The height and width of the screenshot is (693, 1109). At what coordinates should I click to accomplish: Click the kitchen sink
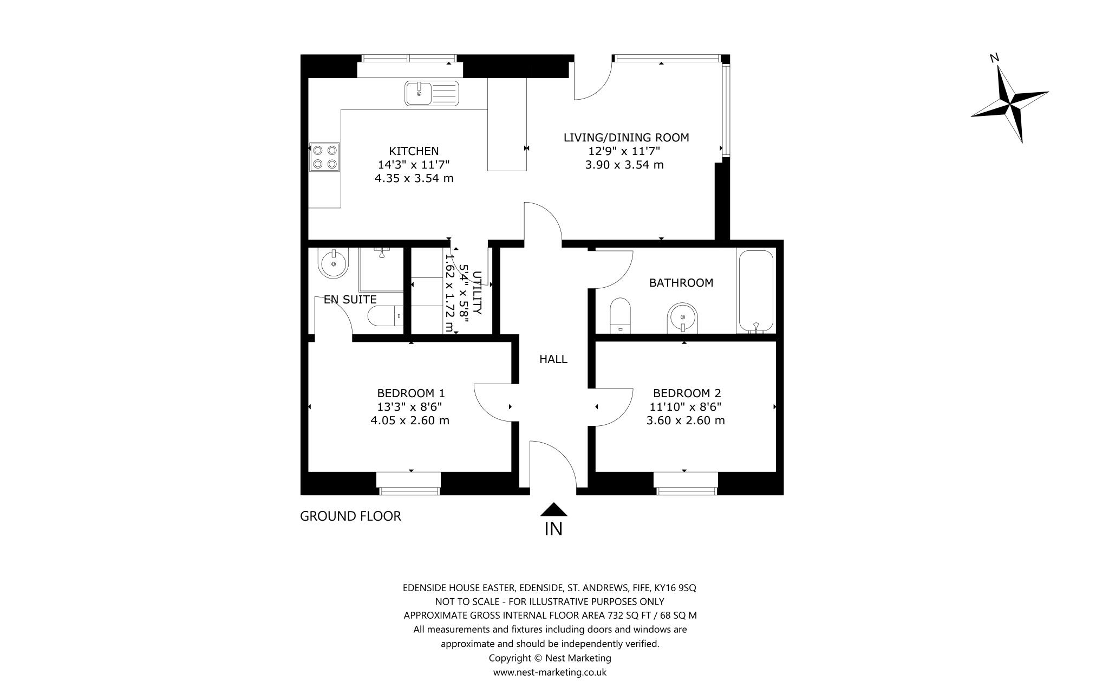pos(432,93)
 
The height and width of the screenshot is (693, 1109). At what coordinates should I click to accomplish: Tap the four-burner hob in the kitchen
pos(324,157)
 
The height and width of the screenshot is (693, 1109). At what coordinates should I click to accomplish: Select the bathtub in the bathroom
pos(756,291)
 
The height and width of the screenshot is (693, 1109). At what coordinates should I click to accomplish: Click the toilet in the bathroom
pos(621,315)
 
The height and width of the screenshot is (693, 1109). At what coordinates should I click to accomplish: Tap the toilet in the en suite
pos(385,316)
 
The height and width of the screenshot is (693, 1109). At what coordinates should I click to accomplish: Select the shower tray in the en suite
pos(381,270)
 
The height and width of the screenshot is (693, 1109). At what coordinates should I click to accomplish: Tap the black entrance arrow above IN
pos(553,509)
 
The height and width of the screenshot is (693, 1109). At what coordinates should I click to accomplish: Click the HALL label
pos(553,359)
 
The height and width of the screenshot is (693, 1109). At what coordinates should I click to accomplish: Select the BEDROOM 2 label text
pos(687,393)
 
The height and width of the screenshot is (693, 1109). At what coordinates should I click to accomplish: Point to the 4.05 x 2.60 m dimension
pos(410,420)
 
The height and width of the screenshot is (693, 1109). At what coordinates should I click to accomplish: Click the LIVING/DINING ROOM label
pos(626,138)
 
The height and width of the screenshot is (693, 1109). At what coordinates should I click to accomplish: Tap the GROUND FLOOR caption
pos(350,516)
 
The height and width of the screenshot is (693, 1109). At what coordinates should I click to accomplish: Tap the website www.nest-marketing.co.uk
pos(550,672)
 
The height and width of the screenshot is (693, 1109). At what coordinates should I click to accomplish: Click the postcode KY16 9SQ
pos(675,588)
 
